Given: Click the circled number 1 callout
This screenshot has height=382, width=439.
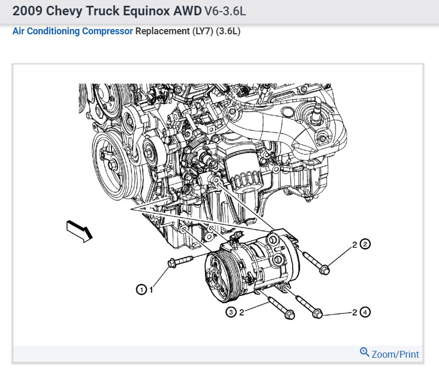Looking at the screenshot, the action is click(x=142, y=290).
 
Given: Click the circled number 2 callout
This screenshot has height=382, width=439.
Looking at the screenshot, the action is click(x=365, y=244).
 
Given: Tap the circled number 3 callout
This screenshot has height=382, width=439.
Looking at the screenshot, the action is click(x=231, y=312).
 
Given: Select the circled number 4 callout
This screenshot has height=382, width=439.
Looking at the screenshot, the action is click(x=365, y=312).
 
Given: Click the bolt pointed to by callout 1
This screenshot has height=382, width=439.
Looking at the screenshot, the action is click(x=180, y=262).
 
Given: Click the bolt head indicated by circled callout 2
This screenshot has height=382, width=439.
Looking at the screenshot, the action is click(x=324, y=270).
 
